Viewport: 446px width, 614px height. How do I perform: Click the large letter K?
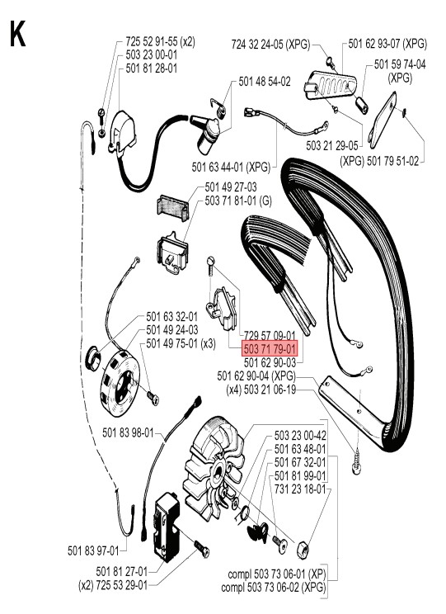coord(17,34)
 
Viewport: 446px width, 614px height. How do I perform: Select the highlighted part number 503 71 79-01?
coord(270,348)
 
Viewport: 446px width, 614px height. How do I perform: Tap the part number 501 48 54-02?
coord(265,82)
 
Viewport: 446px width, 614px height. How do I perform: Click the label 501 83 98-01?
coord(128,432)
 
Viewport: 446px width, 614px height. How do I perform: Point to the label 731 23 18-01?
coord(300,489)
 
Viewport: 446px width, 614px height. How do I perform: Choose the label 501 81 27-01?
coord(122,571)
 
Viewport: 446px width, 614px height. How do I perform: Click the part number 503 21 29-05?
coord(332,146)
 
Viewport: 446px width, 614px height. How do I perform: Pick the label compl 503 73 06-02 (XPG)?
coord(274,588)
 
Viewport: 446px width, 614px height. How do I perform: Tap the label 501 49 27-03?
coord(231,187)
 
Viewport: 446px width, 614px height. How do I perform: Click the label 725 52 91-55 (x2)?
coord(161,41)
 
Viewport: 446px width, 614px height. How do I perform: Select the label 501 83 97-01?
coord(93,550)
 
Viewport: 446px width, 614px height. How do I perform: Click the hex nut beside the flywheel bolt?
coord(303,550)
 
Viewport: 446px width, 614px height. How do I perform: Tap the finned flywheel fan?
coord(214,470)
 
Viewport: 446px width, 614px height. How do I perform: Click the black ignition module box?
coord(168,527)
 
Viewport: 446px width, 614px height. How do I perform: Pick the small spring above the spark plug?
coord(218,107)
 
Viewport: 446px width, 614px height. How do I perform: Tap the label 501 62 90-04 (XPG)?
coord(256,376)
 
